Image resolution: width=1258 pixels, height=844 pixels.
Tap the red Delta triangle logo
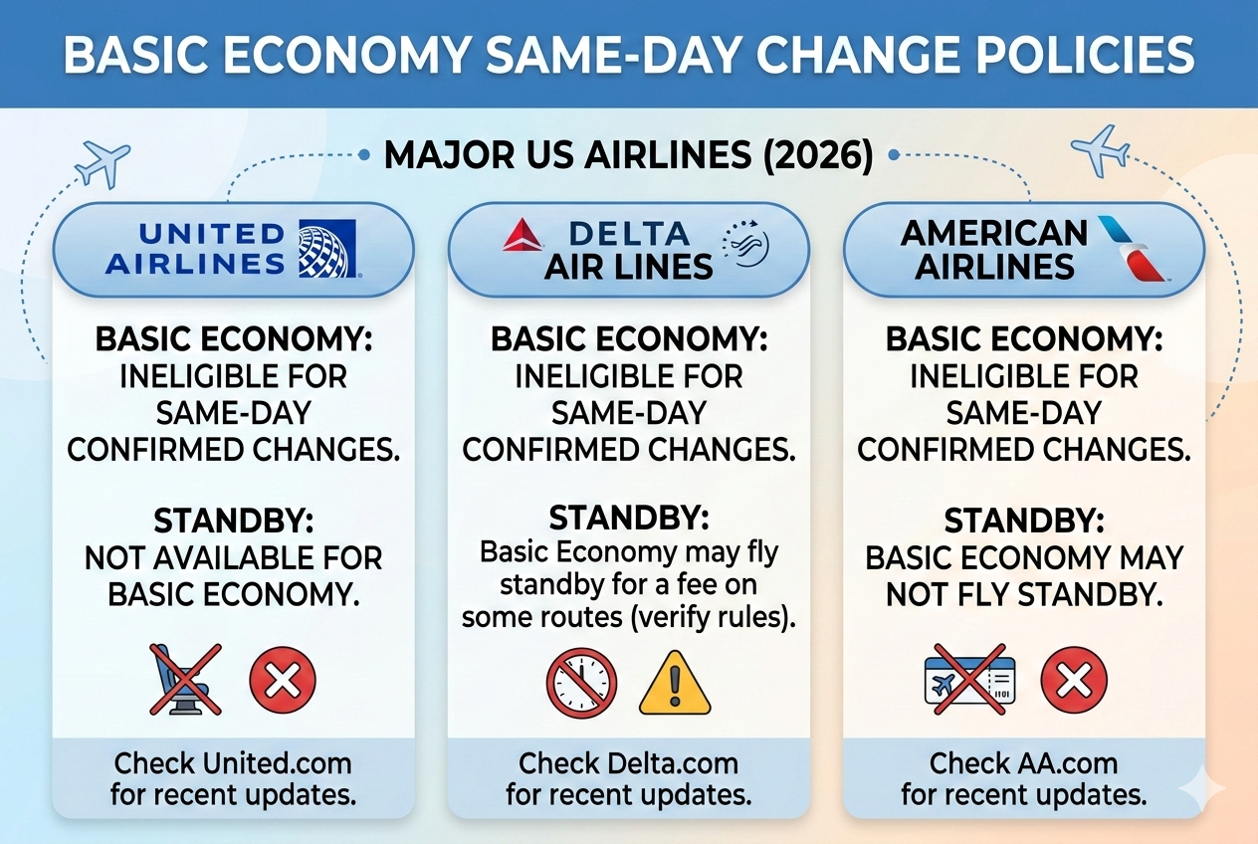524,236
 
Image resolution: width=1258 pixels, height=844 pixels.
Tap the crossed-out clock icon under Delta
581,684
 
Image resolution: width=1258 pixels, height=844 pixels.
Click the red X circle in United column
282,681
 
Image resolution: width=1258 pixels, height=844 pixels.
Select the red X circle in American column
1074,681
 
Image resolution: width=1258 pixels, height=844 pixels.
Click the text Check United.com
232,763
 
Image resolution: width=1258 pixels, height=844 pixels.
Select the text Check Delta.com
628,763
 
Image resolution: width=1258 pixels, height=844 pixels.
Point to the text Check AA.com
1023,763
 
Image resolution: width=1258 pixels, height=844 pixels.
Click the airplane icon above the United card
103,162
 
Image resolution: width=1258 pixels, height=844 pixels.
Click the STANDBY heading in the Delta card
629,518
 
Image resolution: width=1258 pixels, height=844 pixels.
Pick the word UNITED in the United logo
211,235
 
